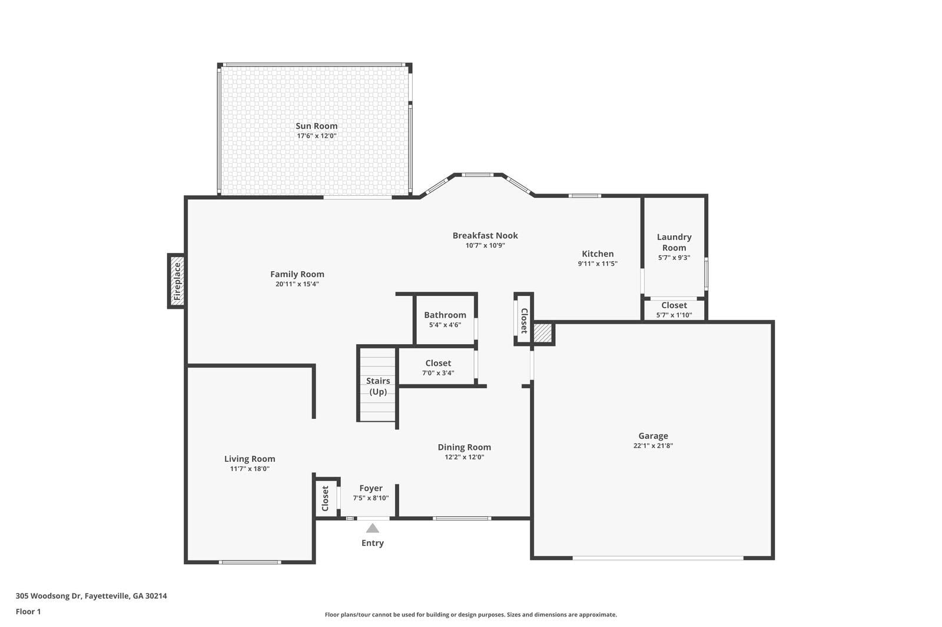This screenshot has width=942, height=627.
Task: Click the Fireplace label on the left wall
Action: click(x=177, y=281)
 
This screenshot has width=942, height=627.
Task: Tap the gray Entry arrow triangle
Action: click(x=372, y=528)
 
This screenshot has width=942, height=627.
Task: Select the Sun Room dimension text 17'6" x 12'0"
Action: click(x=317, y=136)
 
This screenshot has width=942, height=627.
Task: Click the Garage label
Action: click(x=653, y=436)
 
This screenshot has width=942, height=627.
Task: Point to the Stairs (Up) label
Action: click(x=377, y=386)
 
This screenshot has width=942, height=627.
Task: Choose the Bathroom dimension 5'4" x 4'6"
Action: click(x=445, y=325)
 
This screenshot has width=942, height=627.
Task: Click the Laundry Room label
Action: click(x=674, y=242)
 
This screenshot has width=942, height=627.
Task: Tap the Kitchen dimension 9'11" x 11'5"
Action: click(x=598, y=264)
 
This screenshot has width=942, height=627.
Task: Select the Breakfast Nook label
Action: click(x=485, y=236)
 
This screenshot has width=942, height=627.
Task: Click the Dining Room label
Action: click(x=465, y=447)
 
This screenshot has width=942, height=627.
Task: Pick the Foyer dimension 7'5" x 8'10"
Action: click(x=371, y=498)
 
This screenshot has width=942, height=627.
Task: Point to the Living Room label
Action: click(x=250, y=459)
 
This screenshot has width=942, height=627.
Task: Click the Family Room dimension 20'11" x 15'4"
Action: click(x=297, y=284)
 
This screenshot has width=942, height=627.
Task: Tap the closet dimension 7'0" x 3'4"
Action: click(x=438, y=373)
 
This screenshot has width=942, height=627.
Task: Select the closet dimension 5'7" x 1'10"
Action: click(x=674, y=315)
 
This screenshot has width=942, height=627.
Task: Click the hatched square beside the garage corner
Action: click(x=542, y=333)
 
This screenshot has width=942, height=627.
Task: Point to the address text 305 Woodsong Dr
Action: click(x=48, y=596)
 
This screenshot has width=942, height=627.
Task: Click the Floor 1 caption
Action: click(x=28, y=612)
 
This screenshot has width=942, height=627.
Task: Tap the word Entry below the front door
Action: click(x=373, y=543)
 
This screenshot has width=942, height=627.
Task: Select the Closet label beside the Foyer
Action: click(x=325, y=498)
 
